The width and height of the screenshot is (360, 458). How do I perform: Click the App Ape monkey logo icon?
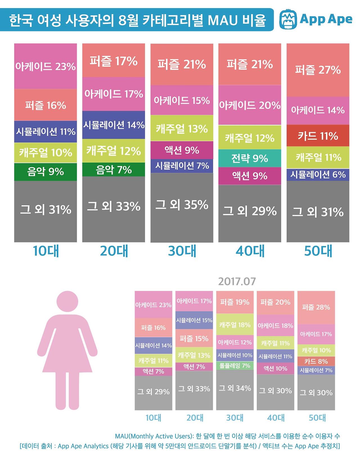(x=288, y=20)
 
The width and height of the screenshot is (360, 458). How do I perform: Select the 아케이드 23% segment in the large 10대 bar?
(x=46, y=66)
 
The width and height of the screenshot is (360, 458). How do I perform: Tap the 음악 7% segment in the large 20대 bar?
(x=114, y=170)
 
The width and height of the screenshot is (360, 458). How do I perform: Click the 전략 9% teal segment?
(x=250, y=158)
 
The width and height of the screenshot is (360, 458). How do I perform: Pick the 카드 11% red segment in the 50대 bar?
(x=318, y=136)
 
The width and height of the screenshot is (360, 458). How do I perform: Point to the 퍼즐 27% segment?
(x=318, y=70)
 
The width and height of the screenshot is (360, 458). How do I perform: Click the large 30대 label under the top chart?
(x=182, y=251)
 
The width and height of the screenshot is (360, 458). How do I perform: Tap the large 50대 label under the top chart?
(x=318, y=251)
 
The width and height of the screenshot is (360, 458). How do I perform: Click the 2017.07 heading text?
(x=237, y=281)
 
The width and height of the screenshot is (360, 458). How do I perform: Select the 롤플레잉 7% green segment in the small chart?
(x=235, y=366)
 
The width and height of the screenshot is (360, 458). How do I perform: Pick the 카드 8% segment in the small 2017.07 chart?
(x=316, y=361)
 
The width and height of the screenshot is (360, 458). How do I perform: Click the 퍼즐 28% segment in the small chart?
(x=316, y=307)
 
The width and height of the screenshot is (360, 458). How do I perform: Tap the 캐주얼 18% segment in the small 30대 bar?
(x=235, y=325)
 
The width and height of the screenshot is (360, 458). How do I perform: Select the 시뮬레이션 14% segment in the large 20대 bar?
(x=114, y=125)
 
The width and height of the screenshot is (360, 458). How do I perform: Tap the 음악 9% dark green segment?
(x=46, y=171)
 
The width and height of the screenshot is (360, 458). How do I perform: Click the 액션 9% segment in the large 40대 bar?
(x=250, y=176)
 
